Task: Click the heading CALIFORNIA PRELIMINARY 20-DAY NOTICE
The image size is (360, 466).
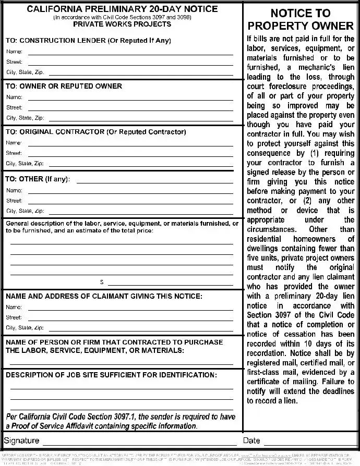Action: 122,9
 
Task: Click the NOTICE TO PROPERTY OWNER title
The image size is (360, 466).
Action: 301,20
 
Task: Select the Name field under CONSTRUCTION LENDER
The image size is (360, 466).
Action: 130,52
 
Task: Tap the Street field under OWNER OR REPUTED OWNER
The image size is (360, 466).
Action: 130,107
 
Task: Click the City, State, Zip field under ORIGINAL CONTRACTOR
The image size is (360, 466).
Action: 141,163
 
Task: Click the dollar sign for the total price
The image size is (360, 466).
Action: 102,283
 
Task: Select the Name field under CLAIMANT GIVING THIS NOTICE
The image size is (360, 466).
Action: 130,307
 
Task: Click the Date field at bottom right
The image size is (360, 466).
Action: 308,441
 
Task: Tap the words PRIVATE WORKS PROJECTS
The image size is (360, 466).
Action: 122,24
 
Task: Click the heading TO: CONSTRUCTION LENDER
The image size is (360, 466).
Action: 88,40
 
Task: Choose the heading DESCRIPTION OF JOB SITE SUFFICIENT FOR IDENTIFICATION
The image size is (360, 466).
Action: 111,375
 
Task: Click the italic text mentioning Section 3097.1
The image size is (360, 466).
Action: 120,421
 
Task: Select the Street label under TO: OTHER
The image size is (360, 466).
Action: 14,201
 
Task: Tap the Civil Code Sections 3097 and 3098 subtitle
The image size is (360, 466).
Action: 122,17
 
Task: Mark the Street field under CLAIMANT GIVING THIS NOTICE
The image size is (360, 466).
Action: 130,317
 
